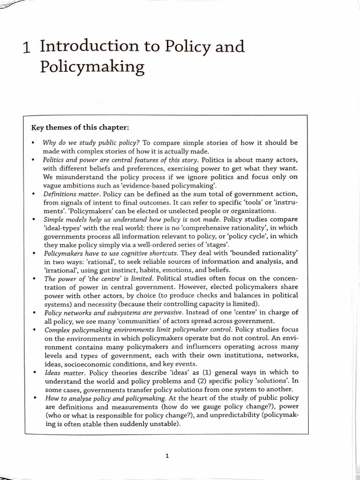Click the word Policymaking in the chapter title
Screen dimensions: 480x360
[x=92, y=67]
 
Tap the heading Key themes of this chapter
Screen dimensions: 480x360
[x=80, y=127]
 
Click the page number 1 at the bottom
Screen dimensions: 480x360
[x=166, y=454]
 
